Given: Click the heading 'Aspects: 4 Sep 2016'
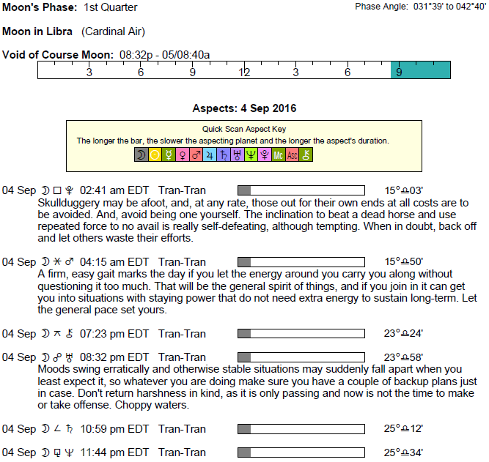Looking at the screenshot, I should pos(244,108).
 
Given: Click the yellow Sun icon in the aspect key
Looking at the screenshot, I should pos(155,154).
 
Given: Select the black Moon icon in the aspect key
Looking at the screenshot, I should pos(141,154).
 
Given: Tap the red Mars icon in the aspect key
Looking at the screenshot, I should pos(196,154).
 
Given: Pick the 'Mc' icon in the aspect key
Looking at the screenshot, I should pos(278,154).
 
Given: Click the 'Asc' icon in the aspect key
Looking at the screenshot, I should pos(292,154).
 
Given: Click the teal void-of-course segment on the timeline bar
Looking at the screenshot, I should pos(420,70).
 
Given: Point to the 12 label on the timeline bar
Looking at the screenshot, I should pos(244,72).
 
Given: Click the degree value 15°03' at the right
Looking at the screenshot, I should pos(403,190).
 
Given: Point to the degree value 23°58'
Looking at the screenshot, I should pos(403,357).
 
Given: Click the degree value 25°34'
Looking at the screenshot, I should pos(403,452).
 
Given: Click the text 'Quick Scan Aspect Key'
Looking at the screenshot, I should pos(244,129).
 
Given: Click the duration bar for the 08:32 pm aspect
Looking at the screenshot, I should pos(301,357).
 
